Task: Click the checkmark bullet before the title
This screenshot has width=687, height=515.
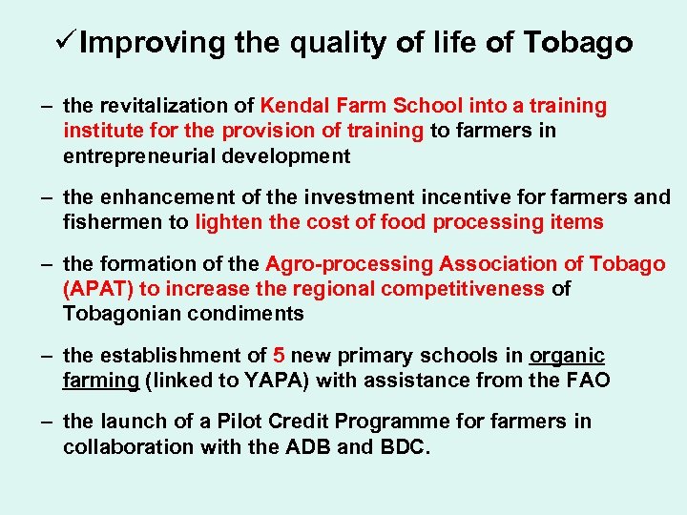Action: [67, 43]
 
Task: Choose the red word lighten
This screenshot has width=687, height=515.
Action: [229, 222]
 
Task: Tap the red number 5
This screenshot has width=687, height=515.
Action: [279, 356]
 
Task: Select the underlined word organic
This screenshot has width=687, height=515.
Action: [567, 356]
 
